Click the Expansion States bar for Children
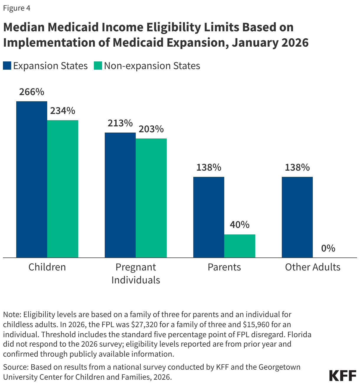(x=32, y=179)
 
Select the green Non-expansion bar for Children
(x=63, y=189)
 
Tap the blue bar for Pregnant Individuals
(x=120, y=195)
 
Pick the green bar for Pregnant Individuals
(x=151, y=198)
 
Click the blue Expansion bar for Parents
(x=209, y=217)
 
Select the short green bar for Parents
(x=240, y=246)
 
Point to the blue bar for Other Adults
(x=297, y=217)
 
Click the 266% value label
(x=32, y=92)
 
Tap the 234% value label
(x=63, y=111)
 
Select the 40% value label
(x=240, y=225)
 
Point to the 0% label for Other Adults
(x=328, y=248)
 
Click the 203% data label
(x=151, y=129)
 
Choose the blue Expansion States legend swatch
(x=7, y=66)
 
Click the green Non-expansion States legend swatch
(x=98, y=66)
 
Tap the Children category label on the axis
(x=47, y=267)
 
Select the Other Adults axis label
(x=312, y=267)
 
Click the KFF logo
(x=343, y=375)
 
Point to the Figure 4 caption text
(x=17, y=8)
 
